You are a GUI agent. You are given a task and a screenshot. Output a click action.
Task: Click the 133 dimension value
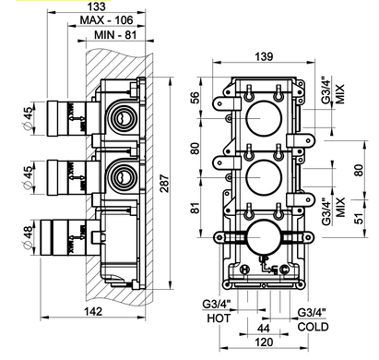coord(96,6)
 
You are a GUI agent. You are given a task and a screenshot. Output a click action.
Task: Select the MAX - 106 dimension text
coord(106,20)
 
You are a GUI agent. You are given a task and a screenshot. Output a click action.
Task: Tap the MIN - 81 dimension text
coord(115,35)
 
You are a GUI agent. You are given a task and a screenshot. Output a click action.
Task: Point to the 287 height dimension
coord(164,184)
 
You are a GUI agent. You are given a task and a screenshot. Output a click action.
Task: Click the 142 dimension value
coord(93,311)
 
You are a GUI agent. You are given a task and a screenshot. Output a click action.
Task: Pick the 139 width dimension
coord(264,56)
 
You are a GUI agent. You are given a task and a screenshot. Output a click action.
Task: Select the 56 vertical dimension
coord(195,98)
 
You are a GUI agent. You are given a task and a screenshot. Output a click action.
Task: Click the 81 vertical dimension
coord(195,208)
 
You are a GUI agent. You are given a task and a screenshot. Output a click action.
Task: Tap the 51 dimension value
coord(359,218)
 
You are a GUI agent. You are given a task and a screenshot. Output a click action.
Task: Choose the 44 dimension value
coord(264,329)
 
